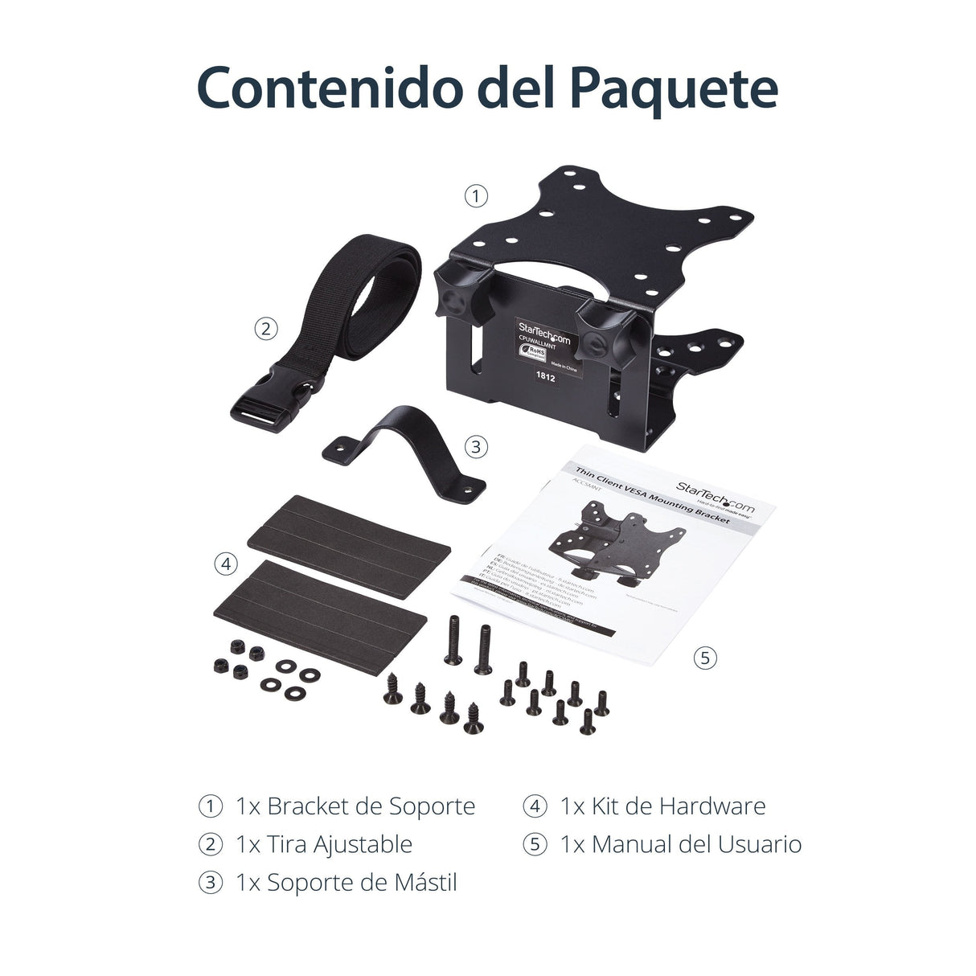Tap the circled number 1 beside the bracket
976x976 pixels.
pyautogui.click(x=476, y=195)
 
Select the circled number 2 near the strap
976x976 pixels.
pyautogui.click(x=266, y=328)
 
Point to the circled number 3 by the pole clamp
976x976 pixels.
pyautogui.click(x=476, y=446)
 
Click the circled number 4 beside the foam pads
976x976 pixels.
pyautogui.click(x=226, y=564)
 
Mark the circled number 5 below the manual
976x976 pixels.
pyautogui.click(x=704, y=658)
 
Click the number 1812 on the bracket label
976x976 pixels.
pyautogui.click(x=546, y=374)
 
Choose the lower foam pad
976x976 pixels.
pyautogui.click(x=320, y=605)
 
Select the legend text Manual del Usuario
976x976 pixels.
pyautogui.click(x=696, y=844)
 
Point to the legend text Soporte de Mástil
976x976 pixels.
pyautogui.click(x=362, y=883)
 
